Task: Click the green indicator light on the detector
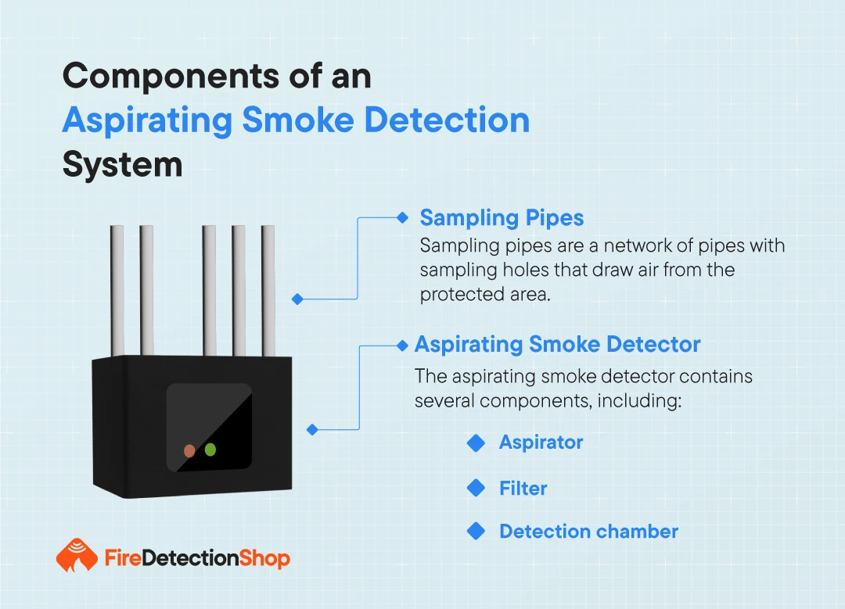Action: coord(210,450)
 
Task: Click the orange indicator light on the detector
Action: coord(189,451)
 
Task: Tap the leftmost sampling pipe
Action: coord(117,291)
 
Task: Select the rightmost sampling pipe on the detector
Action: coord(268,291)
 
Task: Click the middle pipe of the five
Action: coord(209,291)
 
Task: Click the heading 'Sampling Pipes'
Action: coord(502,218)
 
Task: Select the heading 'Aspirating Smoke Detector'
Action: coord(557,344)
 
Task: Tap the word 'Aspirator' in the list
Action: coord(541,442)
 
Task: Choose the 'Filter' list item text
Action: coord(523,489)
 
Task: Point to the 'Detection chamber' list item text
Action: coord(588,532)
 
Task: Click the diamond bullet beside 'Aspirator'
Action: coord(476,442)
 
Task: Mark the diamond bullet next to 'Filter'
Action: coord(476,487)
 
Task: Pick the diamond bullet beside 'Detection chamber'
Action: coord(476,531)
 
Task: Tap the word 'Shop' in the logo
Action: coord(264,559)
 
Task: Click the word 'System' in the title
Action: coord(122,164)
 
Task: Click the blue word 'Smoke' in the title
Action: coord(298,120)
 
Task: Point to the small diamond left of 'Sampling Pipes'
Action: coord(402,217)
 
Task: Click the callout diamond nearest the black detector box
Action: coord(312,430)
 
